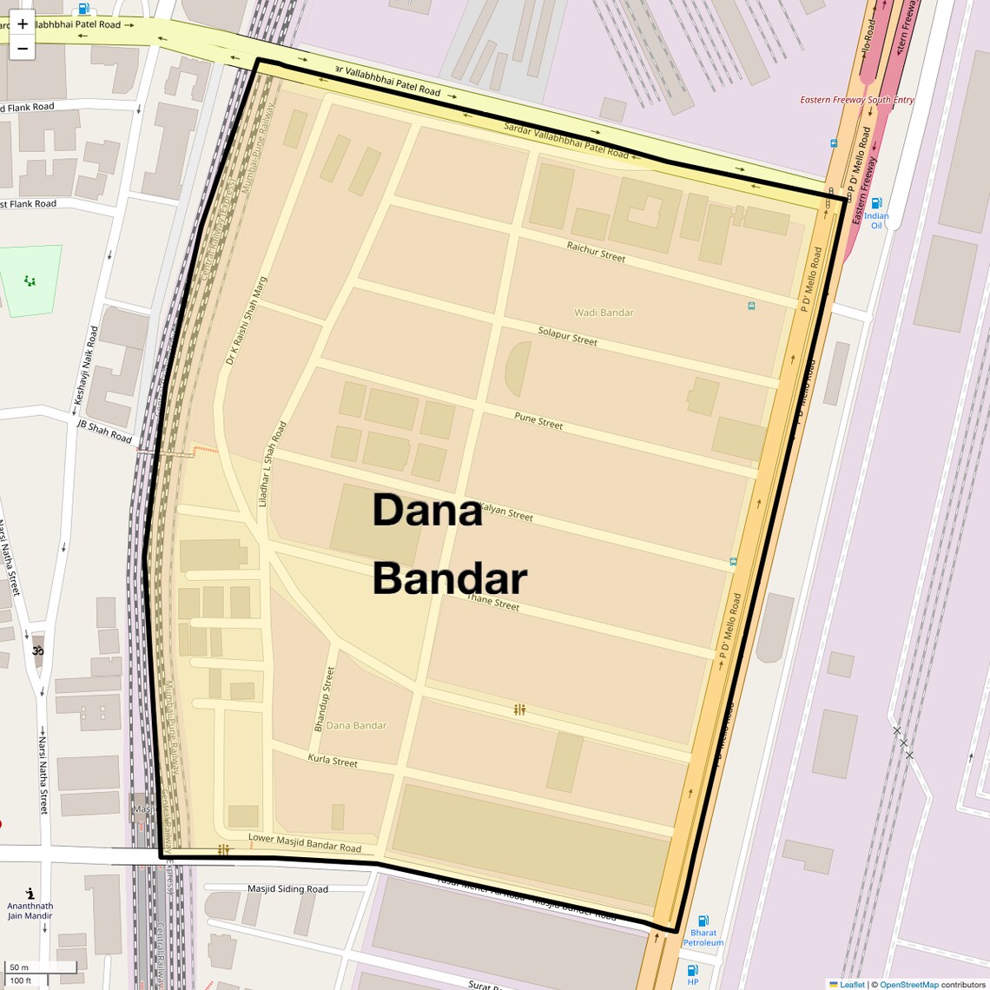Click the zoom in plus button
pyautogui.click(x=23, y=24)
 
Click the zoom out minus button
pyautogui.click(x=23, y=49)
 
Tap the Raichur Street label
pyautogui.click(x=596, y=252)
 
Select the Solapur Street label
pyautogui.click(x=567, y=336)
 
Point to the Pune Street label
pyautogui.click(x=538, y=421)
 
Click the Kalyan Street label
pyautogui.click(x=506, y=512)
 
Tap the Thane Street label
pyautogui.click(x=492, y=601)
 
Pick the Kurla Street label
pyautogui.click(x=333, y=761)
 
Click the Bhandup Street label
pyautogui.click(x=324, y=698)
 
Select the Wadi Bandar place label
pyautogui.click(x=604, y=313)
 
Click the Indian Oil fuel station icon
pyautogui.click(x=876, y=203)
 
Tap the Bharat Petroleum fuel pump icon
pyautogui.click(x=703, y=921)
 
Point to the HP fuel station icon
pyautogui.click(x=692, y=970)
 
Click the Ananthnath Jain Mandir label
pyautogui.click(x=30, y=910)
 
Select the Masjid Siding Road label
pyautogui.click(x=287, y=889)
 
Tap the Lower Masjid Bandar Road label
pyautogui.click(x=304, y=842)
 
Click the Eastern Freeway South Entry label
pyautogui.click(x=856, y=100)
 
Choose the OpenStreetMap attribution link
pyautogui.click(x=908, y=985)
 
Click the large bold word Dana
pyautogui.click(x=426, y=511)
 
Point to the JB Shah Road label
pyautogui.click(x=104, y=432)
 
